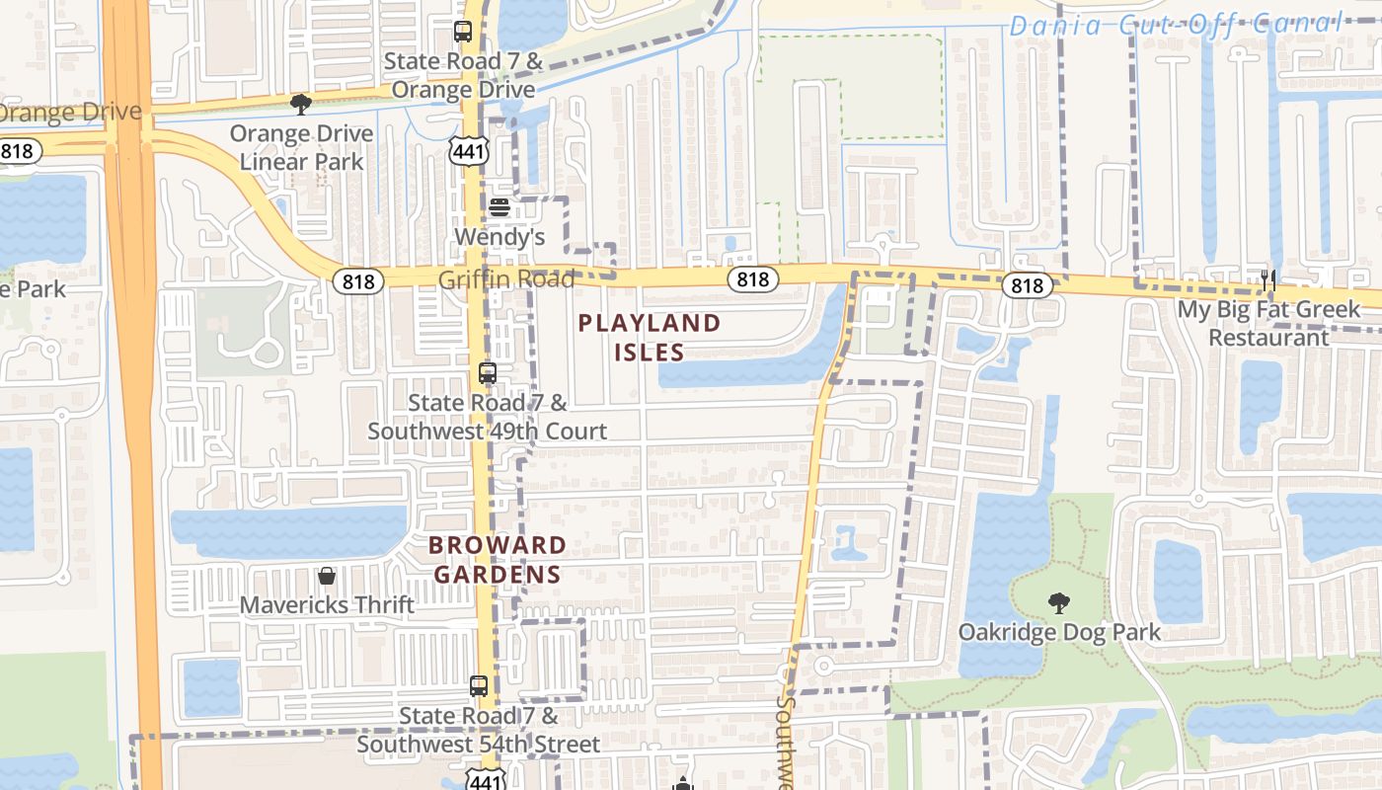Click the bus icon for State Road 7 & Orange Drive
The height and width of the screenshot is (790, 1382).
pyautogui.click(x=463, y=32)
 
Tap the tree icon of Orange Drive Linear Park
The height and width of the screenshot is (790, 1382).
pyautogui.click(x=301, y=104)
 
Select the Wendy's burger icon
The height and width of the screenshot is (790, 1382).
pyautogui.click(x=499, y=207)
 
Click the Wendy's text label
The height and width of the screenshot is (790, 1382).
pyautogui.click(x=499, y=237)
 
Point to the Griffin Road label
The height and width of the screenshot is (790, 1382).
pyautogui.click(x=506, y=279)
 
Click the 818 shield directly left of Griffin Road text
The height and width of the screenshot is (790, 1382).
pyautogui.click(x=357, y=281)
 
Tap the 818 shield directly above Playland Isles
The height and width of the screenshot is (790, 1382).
pyautogui.click(x=752, y=279)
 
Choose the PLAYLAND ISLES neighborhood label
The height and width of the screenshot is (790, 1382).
pyautogui.click(x=650, y=337)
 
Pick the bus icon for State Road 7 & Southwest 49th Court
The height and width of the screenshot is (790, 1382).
pyautogui.click(x=488, y=373)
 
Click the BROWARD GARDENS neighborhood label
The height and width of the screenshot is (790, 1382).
pyautogui.click(x=498, y=560)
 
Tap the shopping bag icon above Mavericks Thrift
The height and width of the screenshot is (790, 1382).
pyautogui.click(x=327, y=575)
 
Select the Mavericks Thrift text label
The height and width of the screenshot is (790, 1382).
pyautogui.click(x=327, y=604)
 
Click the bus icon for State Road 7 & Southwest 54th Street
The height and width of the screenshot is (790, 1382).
pyautogui.click(x=479, y=685)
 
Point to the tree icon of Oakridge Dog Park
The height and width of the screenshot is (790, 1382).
pyautogui.click(x=1059, y=602)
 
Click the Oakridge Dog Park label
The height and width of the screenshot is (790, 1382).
pyautogui.click(x=1059, y=632)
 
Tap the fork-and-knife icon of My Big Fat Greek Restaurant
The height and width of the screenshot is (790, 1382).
pyautogui.click(x=1268, y=280)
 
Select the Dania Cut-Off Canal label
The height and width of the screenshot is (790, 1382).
pyautogui.click(x=1176, y=25)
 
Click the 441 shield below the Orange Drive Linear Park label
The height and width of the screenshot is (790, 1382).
pyautogui.click(x=467, y=150)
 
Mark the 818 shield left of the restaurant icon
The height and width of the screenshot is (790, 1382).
pyautogui.click(x=1027, y=285)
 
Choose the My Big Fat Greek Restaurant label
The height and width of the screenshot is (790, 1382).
pyautogui.click(x=1268, y=323)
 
